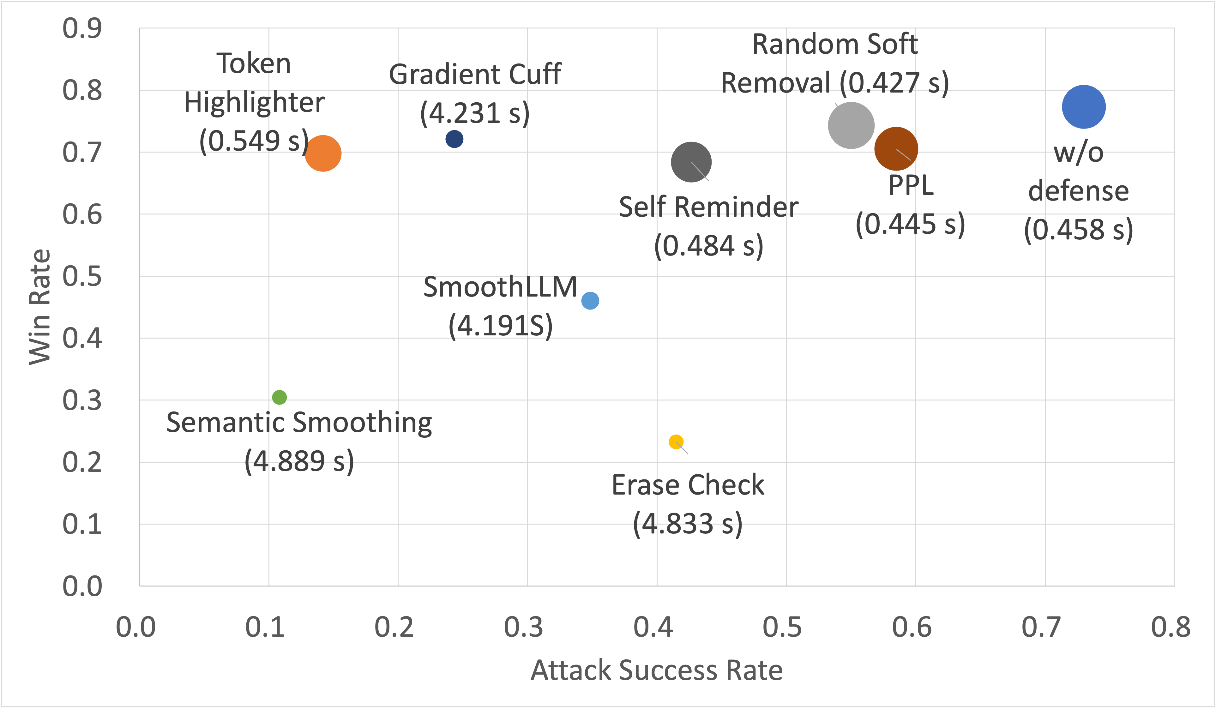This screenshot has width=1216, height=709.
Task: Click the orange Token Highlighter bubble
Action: point(323,153)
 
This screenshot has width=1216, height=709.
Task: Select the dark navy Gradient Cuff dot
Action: point(454,139)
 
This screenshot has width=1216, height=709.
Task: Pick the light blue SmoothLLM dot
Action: point(590,301)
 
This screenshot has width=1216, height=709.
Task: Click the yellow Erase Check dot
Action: point(676,442)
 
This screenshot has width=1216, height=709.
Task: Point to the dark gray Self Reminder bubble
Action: point(691,162)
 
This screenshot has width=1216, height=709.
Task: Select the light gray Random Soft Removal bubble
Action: point(851,125)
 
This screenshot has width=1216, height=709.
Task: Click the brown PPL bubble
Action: point(896,149)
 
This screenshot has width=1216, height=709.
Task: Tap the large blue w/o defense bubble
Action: point(1083,107)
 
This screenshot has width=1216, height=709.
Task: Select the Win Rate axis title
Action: point(39,307)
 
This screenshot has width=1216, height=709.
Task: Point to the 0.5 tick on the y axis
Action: point(82,277)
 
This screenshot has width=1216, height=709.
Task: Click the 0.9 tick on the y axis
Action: point(82,28)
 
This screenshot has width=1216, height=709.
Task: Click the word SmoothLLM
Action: point(500,287)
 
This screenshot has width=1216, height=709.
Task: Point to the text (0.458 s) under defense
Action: point(1078,229)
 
